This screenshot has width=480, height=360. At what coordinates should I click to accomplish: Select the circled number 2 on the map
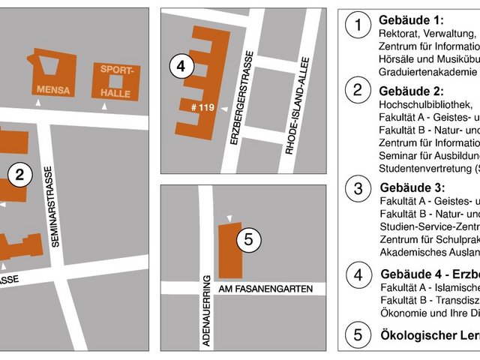(x=20, y=175)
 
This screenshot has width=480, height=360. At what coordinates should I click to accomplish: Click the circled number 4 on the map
(x=180, y=66)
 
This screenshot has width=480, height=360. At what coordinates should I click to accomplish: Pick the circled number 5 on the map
(x=249, y=241)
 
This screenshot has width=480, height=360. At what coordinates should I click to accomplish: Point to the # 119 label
(x=203, y=108)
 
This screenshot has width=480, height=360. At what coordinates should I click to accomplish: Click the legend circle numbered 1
(x=358, y=25)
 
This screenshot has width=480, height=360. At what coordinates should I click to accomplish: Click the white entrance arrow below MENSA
(x=37, y=107)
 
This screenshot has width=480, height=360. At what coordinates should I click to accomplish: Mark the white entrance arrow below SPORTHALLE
(x=105, y=108)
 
